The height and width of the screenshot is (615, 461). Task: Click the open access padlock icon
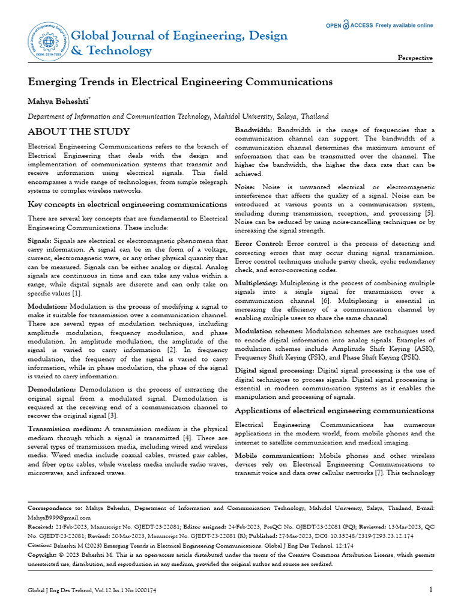click(x=346, y=25)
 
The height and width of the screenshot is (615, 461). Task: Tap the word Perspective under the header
click(x=415, y=58)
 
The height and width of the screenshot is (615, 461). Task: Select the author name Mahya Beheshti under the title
click(x=59, y=100)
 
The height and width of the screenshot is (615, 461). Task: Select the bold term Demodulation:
click(x=52, y=390)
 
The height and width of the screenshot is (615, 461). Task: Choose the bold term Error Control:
click(x=259, y=244)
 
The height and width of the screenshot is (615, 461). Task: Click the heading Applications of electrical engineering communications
click(x=334, y=411)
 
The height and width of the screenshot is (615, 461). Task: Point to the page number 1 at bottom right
click(x=430, y=589)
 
